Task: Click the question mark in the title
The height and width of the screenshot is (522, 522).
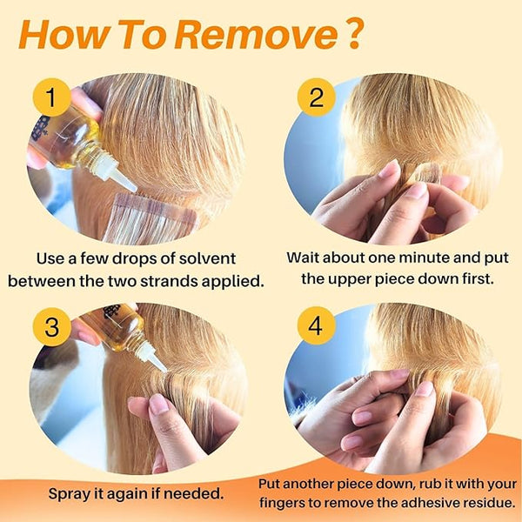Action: (352, 35)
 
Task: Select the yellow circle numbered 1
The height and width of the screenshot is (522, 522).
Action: (51, 97)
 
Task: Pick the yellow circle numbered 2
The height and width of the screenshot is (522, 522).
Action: (316, 97)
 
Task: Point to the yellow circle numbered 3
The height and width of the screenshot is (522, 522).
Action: (51, 326)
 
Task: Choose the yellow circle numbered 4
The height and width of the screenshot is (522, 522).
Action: (316, 325)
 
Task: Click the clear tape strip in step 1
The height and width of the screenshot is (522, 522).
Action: (150, 218)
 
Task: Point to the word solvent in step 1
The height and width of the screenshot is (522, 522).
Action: (207, 258)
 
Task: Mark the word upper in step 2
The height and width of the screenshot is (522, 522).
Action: (350, 280)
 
